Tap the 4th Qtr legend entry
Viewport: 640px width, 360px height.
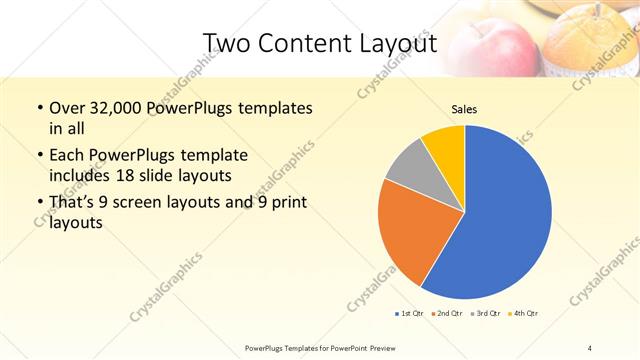522,313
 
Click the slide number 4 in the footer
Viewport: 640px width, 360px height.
589,347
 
